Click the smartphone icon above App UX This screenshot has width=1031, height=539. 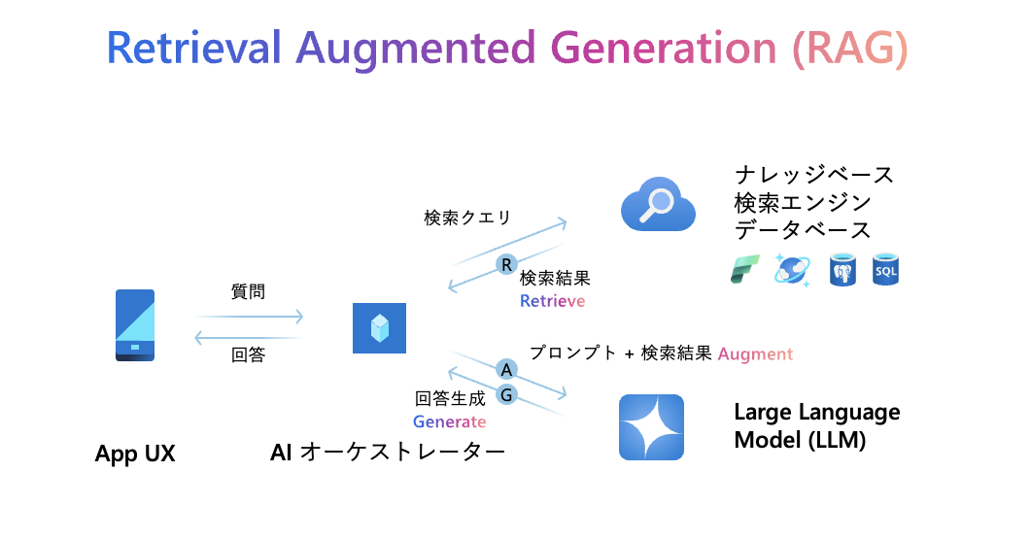pyautogui.click(x=135, y=324)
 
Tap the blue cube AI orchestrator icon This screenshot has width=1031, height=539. pyautogui.click(x=379, y=328)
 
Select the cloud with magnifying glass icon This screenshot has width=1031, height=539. pyautogui.click(x=658, y=204)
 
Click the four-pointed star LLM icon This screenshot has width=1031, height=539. pyautogui.click(x=652, y=427)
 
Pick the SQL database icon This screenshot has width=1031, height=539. pyautogui.click(x=885, y=270)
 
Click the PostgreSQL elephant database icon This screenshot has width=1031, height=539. pyautogui.click(x=842, y=270)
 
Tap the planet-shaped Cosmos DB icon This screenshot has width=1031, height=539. pyautogui.click(x=792, y=270)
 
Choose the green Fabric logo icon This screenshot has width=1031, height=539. pyautogui.click(x=745, y=270)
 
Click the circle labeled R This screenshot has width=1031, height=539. pyautogui.click(x=506, y=264)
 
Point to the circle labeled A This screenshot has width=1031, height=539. pyautogui.click(x=506, y=370)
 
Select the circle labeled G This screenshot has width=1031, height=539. pyautogui.click(x=506, y=395)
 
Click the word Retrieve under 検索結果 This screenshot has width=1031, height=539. pyautogui.click(x=552, y=301)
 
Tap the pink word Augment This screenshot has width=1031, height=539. pyautogui.click(x=755, y=354)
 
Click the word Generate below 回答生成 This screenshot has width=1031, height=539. pyautogui.click(x=450, y=421)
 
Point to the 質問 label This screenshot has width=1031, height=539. pyautogui.click(x=248, y=291)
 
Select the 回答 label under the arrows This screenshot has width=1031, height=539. pyautogui.click(x=248, y=354)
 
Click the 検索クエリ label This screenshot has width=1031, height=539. pyautogui.click(x=467, y=218)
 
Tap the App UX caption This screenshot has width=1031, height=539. pyautogui.click(x=135, y=454)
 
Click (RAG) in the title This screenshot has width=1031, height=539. pyautogui.click(x=850, y=48)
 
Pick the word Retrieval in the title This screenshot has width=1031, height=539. pyautogui.click(x=193, y=48)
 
